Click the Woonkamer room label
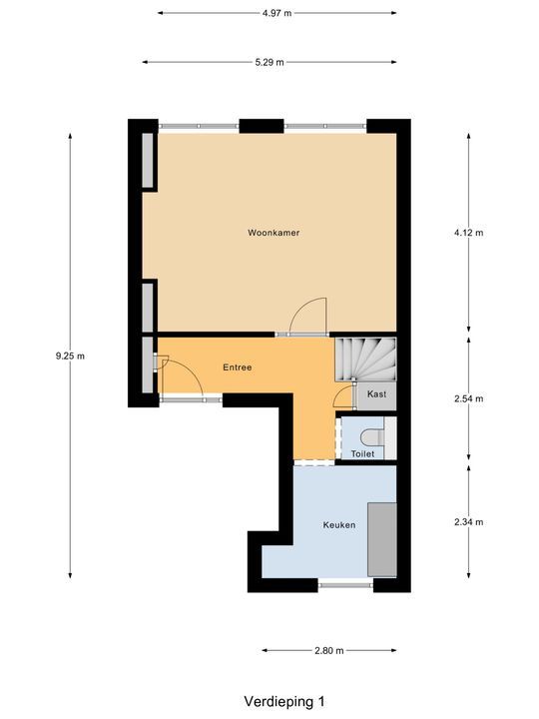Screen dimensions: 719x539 tap(273, 233)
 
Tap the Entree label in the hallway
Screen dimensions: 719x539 tap(237, 367)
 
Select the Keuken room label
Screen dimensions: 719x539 tap(338, 524)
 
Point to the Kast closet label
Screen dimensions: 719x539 tap(376, 395)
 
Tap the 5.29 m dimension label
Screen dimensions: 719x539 tap(269, 62)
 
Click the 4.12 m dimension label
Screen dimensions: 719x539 tap(468, 233)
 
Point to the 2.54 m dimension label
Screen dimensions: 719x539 tap(468, 398)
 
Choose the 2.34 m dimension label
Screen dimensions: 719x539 tap(468, 521)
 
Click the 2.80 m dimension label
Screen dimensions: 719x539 tap(329, 650)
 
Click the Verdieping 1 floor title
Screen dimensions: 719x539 tap(284, 701)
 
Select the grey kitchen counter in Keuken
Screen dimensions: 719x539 tap(380, 539)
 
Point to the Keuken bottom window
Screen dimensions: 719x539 tap(345, 584)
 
